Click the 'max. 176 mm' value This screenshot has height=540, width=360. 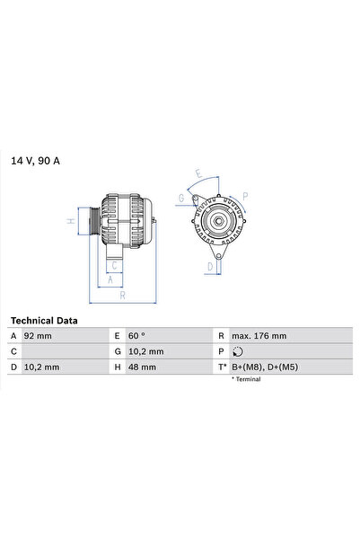(259, 336)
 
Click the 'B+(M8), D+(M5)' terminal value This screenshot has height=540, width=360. (261, 367)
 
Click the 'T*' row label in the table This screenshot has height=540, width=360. (222, 367)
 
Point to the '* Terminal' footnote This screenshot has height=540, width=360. (246, 379)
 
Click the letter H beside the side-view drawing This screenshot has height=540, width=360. (70, 221)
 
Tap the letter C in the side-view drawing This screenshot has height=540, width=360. (114, 266)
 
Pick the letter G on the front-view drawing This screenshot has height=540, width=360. (182, 198)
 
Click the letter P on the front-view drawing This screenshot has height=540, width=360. (246, 194)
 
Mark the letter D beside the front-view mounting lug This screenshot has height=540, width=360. (209, 266)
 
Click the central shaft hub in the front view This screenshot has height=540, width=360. (217, 220)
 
